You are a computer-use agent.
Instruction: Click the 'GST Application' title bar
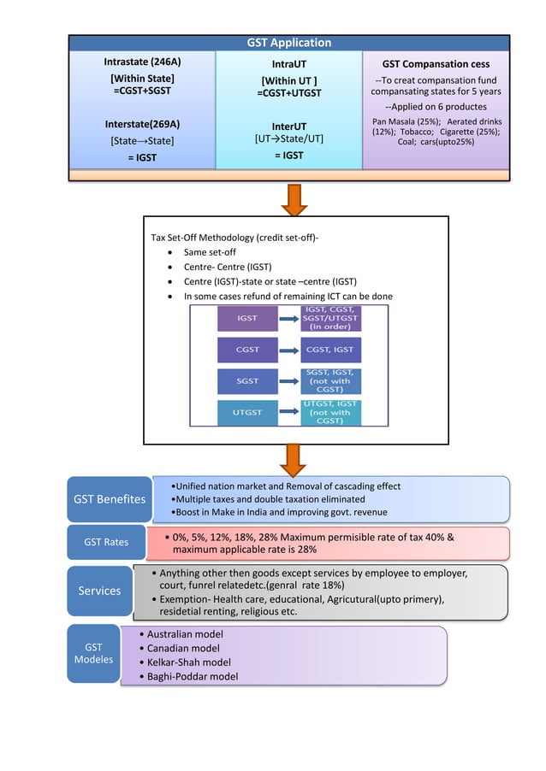289,43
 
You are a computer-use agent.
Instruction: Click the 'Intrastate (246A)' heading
142,62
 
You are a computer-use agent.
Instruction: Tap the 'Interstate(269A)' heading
142,123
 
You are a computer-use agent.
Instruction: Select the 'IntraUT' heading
288,63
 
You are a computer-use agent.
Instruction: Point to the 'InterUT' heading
288,126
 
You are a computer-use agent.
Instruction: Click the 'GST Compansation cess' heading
436,63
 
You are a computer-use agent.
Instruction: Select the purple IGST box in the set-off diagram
247,318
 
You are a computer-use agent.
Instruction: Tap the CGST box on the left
247,350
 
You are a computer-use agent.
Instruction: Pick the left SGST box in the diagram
247,381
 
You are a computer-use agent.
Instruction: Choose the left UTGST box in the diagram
247,412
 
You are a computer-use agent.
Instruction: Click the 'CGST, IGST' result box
330,350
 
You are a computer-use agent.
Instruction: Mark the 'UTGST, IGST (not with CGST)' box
330,412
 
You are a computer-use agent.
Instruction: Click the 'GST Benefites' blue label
109,499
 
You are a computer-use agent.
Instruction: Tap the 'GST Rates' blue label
105,542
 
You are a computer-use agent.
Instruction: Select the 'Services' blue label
99,591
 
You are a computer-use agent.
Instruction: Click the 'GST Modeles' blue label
93,654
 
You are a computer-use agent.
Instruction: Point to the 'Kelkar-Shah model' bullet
189,662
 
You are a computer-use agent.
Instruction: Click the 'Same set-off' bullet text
210,252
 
